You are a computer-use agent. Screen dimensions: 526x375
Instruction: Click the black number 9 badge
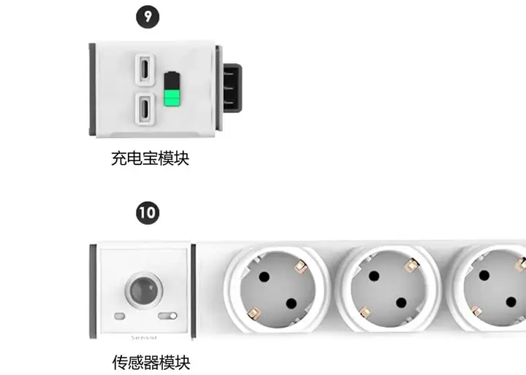coord(148,17)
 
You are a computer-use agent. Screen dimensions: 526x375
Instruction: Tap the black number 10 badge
coord(148,213)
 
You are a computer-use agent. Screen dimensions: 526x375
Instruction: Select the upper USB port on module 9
coord(145,69)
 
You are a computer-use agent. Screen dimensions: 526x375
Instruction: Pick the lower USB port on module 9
coord(145,108)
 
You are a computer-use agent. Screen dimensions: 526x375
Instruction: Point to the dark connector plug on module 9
coord(232,88)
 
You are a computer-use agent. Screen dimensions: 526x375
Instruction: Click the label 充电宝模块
coord(150,158)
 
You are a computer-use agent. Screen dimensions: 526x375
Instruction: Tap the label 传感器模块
coord(151,363)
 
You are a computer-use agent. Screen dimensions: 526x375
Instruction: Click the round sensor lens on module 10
coord(144,289)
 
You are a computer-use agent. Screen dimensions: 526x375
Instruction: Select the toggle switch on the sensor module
coord(167,316)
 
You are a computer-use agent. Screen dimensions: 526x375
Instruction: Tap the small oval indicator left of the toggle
coord(120,316)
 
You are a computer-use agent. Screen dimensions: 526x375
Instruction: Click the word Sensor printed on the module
coord(144,338)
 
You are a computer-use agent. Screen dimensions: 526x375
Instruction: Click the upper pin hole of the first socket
coord(264,277)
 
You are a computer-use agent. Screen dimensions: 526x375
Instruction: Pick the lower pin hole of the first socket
coord(291,304)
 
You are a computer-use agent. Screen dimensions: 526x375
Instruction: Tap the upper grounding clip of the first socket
coord(300,267)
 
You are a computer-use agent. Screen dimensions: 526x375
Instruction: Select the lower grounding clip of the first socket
coord(254,313)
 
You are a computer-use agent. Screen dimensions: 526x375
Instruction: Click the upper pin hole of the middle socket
coord(374,277)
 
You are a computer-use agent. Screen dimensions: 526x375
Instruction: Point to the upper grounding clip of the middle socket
coord(411,266)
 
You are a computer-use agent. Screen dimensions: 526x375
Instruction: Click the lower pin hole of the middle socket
coord(401,303)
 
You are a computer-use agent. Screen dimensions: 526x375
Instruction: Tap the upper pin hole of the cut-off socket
coord(484,276)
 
